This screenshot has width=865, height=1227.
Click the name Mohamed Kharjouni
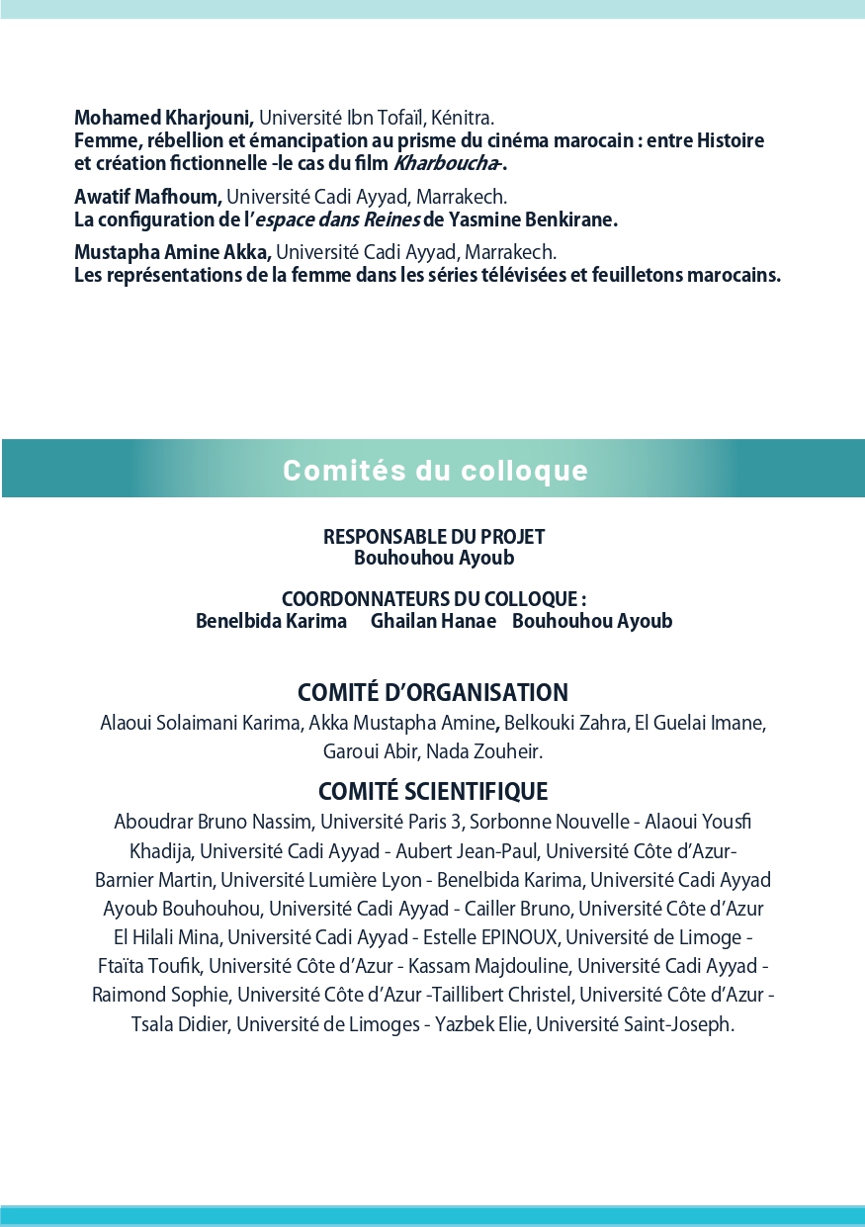[163, 120]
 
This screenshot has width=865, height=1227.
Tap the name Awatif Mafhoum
[147, 197]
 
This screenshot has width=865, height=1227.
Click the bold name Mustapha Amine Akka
[172, 252]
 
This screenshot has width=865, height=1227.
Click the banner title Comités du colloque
[435, 471]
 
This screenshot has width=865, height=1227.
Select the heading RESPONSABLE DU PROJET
[434, 537]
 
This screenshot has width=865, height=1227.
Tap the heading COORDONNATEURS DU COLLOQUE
[433, 599]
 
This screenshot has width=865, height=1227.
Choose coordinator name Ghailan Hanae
[433, 621]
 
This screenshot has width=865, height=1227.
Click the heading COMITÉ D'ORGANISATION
[433, 692]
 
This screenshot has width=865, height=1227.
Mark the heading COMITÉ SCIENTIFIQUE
[433, 791]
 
